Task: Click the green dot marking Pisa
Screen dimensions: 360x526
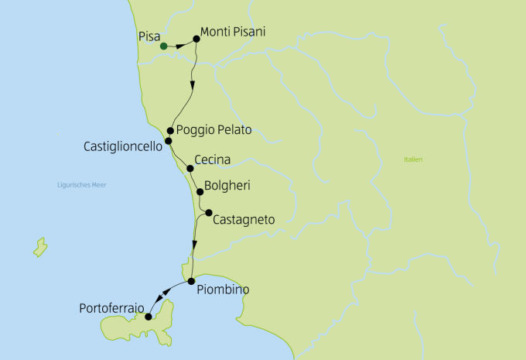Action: (163, 46)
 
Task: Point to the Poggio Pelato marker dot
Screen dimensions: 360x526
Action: (170, 130)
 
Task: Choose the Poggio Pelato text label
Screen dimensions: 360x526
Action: (214, 130)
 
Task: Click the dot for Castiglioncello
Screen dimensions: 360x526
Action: (168, 141)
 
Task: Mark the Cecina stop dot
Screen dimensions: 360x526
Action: (190, 168)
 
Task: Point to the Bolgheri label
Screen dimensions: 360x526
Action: (227, 187)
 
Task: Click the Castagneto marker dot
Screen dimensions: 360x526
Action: (208, 212)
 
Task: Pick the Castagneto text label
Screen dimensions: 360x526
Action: (244, 220)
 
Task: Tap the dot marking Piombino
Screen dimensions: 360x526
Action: (190, 281)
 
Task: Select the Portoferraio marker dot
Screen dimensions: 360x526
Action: (149, 317)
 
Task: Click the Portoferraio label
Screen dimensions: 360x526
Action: (111, 308)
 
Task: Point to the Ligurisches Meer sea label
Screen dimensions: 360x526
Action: (83, 184)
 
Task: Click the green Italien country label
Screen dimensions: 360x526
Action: (413, 159)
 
